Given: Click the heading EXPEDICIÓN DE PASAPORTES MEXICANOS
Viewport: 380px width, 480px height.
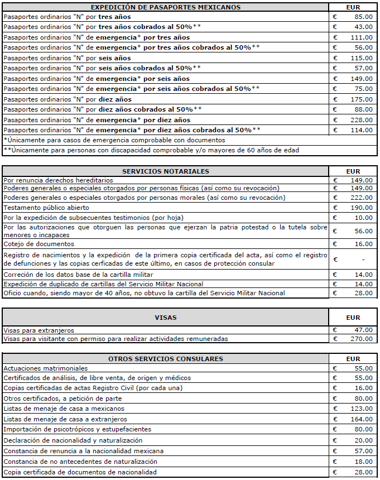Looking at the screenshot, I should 165,7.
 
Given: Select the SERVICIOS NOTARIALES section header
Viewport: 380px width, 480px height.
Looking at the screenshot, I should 165,171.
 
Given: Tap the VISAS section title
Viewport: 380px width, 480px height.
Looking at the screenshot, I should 165,318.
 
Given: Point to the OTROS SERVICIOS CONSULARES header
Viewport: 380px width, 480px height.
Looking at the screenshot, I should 165,359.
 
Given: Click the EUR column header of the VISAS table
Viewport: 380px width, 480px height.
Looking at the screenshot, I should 353,318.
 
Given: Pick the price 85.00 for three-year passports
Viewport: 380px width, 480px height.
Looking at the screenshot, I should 363,17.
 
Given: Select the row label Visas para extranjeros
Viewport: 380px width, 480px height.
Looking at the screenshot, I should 39,330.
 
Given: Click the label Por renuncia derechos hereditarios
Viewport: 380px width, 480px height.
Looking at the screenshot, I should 58,180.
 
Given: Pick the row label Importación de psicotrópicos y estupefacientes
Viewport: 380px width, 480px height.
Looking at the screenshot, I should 77,429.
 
